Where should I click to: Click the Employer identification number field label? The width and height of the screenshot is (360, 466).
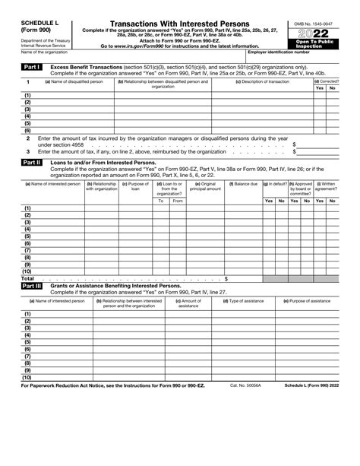pos(279,52)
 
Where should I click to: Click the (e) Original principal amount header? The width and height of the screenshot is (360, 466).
pos(205,186)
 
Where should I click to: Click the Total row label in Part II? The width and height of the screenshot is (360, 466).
pos(27,278)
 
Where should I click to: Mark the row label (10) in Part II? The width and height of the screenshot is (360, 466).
pos(27,271)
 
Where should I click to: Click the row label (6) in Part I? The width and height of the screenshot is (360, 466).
pos(27,130)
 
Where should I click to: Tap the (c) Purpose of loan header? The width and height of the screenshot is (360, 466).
pos(135,186)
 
